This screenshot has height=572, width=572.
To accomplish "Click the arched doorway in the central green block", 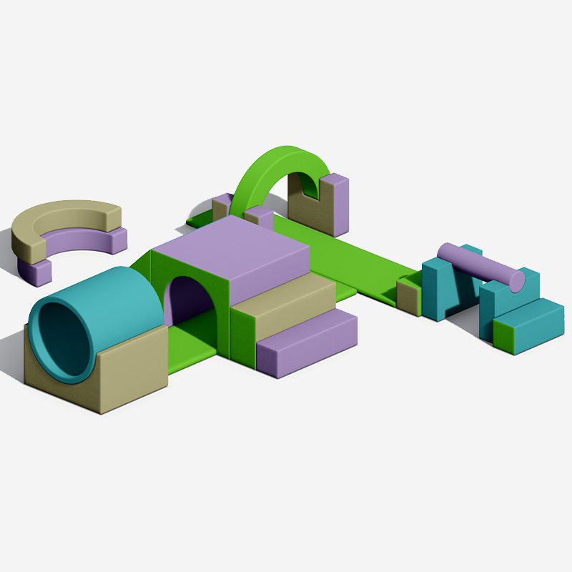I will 189,300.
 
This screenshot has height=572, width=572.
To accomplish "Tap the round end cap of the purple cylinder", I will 516,281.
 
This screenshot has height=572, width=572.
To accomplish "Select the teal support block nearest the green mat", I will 440,290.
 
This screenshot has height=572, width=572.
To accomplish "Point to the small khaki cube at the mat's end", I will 408,296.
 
